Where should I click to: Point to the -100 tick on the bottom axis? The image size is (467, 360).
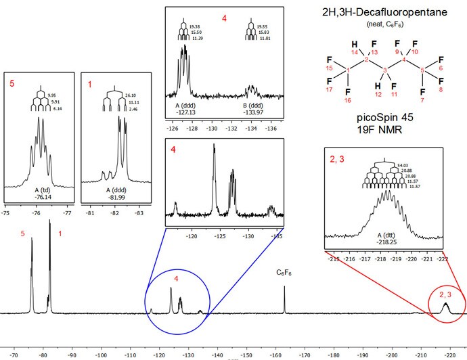click(x=101, y=353)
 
